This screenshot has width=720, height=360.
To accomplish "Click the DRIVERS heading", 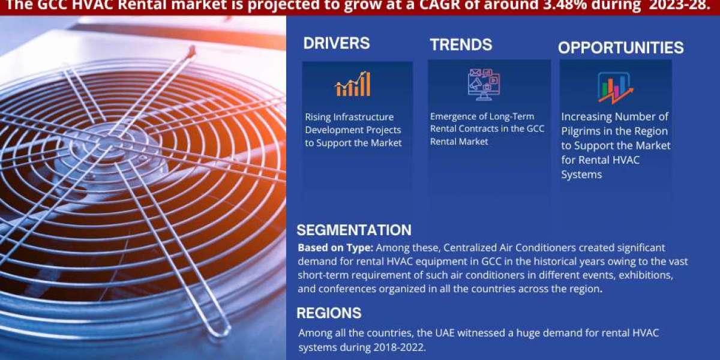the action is point(337,43).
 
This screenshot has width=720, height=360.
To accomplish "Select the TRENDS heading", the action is point(461,44).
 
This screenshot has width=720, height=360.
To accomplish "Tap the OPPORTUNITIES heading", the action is point(620,48).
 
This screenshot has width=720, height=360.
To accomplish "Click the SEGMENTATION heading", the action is point(354,230).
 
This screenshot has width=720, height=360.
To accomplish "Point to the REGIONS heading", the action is point(329,313).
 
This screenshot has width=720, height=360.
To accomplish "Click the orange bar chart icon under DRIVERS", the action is point(353,84).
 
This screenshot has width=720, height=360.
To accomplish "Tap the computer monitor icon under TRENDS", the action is point(484,84).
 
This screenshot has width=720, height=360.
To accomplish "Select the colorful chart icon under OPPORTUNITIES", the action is point(615,88).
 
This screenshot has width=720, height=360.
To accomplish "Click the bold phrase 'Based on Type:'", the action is point(335,248).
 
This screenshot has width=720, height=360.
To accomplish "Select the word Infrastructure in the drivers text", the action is point(363,117).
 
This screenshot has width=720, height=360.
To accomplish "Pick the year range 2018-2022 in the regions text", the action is point(399,347).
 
